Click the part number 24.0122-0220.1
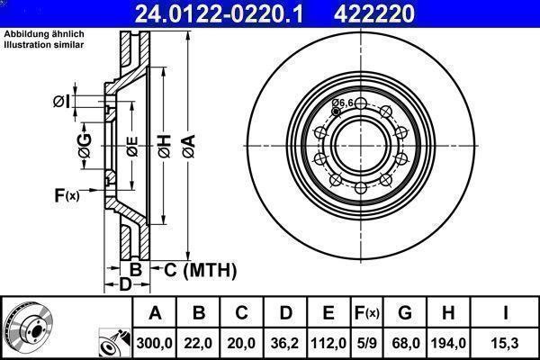point(219,13)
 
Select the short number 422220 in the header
point(374,13)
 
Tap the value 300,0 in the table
point(154,343)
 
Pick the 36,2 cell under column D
point(284,343)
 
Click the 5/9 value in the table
point(366,343)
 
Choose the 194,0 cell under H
point(448,343)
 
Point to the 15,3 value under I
point(506,343)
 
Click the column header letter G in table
point(405,313)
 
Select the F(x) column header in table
point(366,313)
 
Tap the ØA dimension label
point(189,147)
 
